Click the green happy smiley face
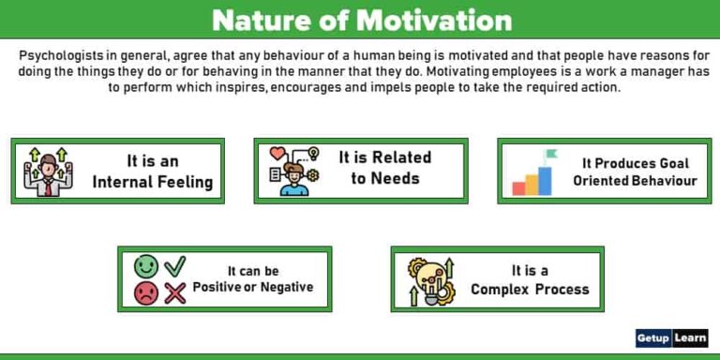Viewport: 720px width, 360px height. click(147, 266)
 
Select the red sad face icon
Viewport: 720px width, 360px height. click(147, 293)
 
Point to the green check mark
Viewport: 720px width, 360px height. click(175, 265)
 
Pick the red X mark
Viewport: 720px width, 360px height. click(175, 294)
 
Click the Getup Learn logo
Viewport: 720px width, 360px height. click(671, 338)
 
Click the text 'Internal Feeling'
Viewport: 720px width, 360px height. click(153, 182)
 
